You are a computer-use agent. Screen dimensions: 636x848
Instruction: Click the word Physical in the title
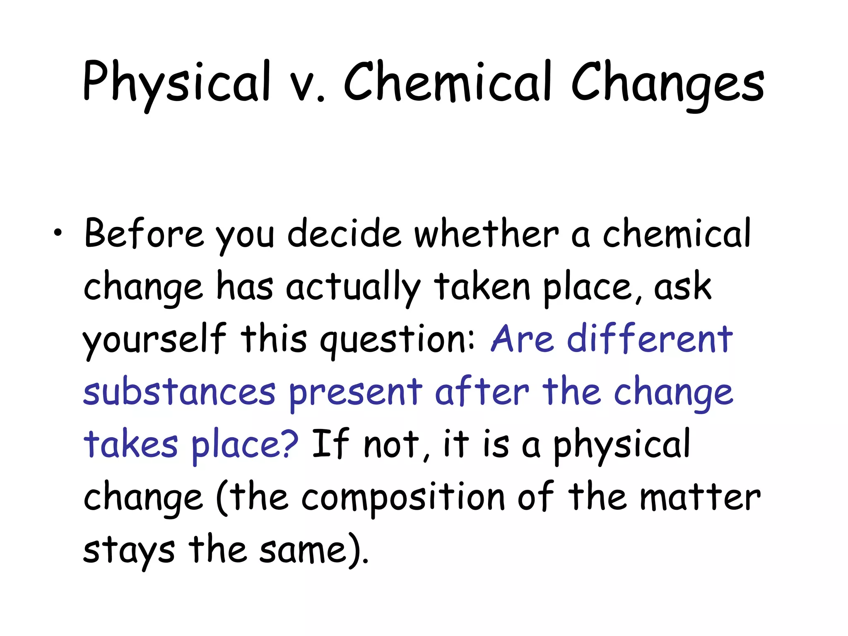coord(176,83)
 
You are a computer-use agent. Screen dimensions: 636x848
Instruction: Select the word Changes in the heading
coord(667,83)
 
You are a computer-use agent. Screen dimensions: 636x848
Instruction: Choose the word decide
coord(344,234)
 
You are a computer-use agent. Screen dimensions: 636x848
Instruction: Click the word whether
coord(487,234)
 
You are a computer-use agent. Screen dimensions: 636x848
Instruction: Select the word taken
coord(482,287)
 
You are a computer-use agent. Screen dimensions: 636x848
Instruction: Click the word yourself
coord(154,340)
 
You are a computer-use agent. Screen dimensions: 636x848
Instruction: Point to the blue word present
coord(355,393)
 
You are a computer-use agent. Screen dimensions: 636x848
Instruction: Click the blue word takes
coord(131,444)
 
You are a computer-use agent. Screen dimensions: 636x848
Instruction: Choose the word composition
coord(403,497)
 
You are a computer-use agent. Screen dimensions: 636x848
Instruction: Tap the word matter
coord(700,497)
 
